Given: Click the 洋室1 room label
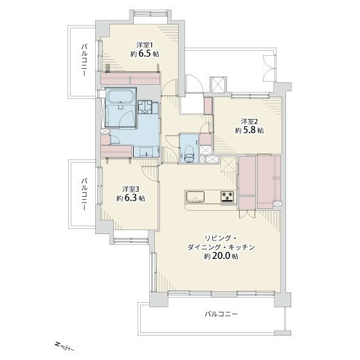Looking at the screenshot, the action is [145, 44].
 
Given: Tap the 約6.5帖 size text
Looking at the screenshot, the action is [145, 54].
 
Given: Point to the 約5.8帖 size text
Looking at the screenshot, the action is [249, 130].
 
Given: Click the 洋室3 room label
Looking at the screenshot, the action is [130, 189].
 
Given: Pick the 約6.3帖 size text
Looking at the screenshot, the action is [130, 198].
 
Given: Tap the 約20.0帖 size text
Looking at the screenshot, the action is [221, 256].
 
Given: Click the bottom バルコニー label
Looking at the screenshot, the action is [221, 314].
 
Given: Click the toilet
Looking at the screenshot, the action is [190, 153].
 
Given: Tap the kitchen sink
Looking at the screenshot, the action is [195, 197].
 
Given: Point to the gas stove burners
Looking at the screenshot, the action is [228, 197].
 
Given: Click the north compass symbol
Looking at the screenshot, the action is [65, 346].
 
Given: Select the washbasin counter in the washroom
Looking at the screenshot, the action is [147, 152].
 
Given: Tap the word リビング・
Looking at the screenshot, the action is [219, 238].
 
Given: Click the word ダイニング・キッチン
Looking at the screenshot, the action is [221, 248].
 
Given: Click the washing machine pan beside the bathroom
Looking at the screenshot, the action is [145, 107].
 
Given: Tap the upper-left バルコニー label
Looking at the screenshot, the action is [84, 60].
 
